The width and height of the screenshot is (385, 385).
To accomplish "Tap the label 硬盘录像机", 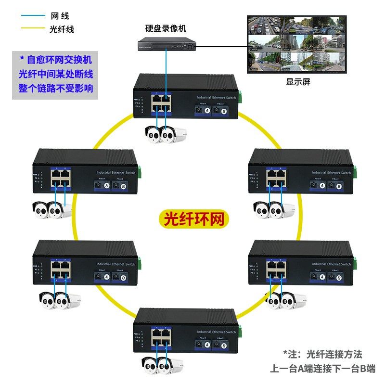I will pyautogui.click(x=166, y=28).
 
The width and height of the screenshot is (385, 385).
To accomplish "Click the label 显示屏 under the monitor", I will pyautogui.click(x=298, y=82).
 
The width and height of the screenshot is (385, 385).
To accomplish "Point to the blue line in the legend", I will pyautogui.click(x=32, y=16).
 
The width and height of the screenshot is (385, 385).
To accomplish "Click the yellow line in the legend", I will pyautogui.click(x=32, y=29).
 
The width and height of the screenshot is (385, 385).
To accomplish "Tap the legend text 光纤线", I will pyautogui.click(x=62, y=29).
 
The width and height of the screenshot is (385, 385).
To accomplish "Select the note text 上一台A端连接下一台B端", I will pyautogui.click(x=322, y=369).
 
